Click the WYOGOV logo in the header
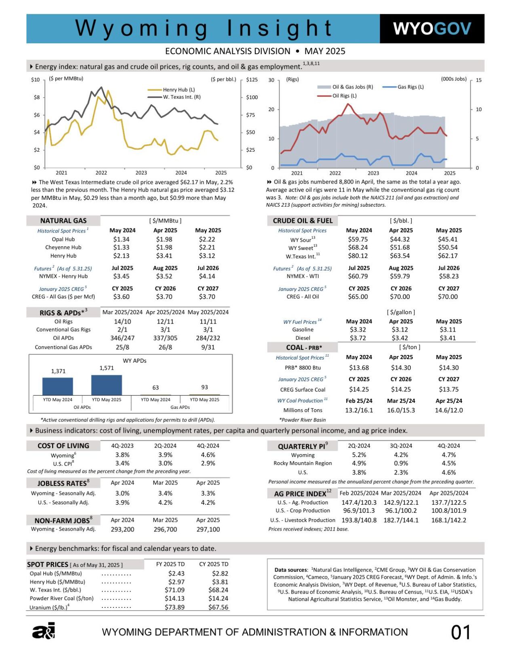point(432,29)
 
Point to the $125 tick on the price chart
point(252,80)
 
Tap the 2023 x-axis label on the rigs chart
point(373,173)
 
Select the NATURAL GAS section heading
point(63,220)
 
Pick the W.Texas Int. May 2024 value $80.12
point(358,256)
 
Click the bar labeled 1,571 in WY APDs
point(107,385)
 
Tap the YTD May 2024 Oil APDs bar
point(58,386)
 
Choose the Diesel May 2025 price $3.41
point(448,338)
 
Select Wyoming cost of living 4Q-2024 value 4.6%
point(208,455)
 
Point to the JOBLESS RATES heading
point(63,483)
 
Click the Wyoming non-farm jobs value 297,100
point(208,529)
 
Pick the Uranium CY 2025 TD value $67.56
point(218,607)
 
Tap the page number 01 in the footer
point(461,632)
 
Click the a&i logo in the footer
point(44,631)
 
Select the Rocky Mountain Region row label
point(303,463)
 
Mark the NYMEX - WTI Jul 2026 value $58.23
point(449,276)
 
